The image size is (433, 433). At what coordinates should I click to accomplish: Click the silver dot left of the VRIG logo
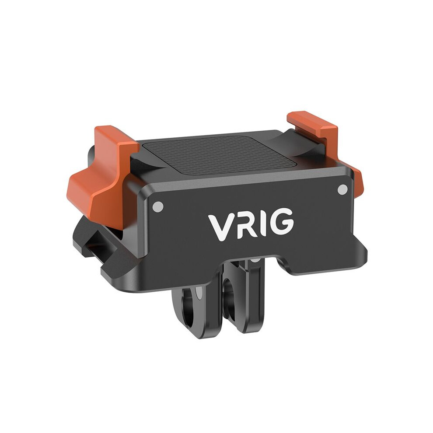pyautogui.click(x=158, y=206)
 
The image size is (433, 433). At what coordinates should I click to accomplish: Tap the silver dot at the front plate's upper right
pyautogui.click(x=343, y=189)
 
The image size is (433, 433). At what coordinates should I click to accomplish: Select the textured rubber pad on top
pyautogui.click(x=220, y=155)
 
